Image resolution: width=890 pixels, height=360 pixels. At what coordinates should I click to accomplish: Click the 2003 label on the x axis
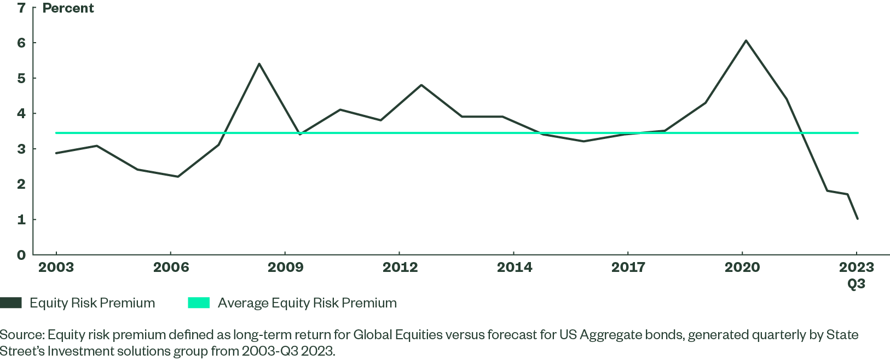coord(56,267)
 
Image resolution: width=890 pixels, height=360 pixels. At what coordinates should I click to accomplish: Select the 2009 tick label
coord(285,267)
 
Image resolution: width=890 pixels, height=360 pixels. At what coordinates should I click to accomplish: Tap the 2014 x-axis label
coord(514,267)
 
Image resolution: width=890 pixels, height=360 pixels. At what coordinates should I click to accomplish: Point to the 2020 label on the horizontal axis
coord(742,267)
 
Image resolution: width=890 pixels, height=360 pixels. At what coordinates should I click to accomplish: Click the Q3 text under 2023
coord(857,283)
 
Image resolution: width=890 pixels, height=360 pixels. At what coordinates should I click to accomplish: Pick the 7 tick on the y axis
coord(21,8)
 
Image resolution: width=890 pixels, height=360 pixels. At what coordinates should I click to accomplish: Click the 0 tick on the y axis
coord(21,255)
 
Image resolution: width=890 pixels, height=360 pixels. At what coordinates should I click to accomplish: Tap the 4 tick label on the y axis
coord(21,113)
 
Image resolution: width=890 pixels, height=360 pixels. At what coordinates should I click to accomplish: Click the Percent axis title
coord(68,8)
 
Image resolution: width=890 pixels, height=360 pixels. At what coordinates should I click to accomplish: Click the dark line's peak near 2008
coord(259,63)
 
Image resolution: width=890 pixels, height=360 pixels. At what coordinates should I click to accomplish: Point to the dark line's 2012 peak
coord(421,85)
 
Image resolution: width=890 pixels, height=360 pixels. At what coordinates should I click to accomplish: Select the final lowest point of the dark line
coord(857,219)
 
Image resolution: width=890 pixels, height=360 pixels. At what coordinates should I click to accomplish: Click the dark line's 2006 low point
coord(178,176)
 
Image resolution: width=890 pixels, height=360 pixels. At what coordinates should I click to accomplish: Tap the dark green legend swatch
coord(11,303)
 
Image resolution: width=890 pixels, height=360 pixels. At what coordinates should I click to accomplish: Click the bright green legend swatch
coord(199,303)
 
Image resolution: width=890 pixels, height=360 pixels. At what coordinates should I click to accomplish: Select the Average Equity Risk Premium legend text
coord(307,303)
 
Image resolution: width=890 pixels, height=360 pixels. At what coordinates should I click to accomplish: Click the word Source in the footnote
coord(21,335)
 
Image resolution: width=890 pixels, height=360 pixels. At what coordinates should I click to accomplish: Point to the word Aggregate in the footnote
coord(604,335)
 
